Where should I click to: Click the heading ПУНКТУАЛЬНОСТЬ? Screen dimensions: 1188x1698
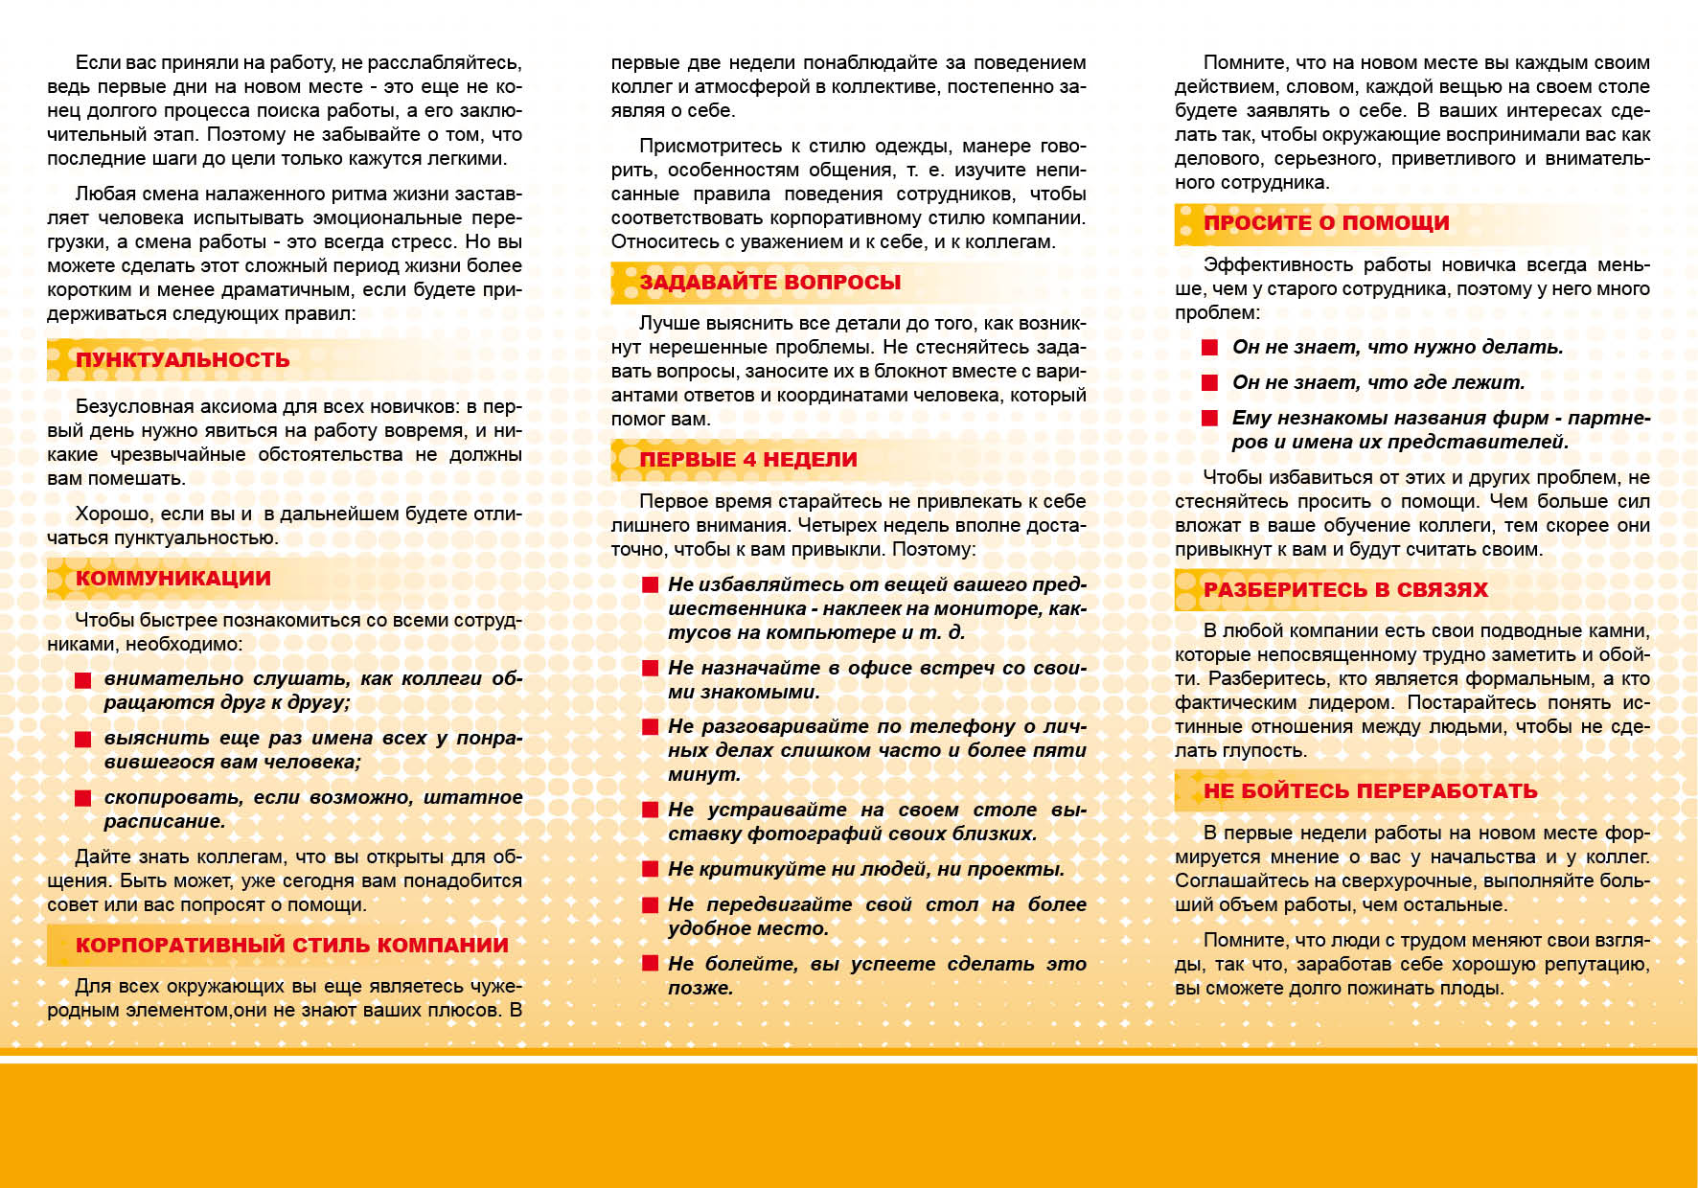coord(182,360)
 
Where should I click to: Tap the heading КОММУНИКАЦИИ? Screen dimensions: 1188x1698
coord(172,579)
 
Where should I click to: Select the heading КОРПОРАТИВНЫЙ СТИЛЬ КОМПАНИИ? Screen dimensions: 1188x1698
coord(291,946)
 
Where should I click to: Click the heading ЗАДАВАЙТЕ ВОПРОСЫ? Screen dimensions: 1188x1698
coord(769,283)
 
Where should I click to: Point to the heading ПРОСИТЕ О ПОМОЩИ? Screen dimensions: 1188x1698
coord(1326,223)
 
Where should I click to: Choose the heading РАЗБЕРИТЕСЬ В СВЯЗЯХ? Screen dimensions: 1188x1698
coord(1345,590)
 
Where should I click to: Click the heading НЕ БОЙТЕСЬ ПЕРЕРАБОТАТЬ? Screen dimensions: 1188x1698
coord(1370,791)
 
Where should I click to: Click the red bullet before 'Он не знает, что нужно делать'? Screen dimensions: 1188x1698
coord(1210,347)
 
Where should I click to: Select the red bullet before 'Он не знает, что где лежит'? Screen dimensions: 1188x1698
coord(1210,382)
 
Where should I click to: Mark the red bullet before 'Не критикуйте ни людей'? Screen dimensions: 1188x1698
coord(651,869)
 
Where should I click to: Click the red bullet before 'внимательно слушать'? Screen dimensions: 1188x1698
coord(83,679)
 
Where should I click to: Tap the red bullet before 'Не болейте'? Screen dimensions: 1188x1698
coord(651,964)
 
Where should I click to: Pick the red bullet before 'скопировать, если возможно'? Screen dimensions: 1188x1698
coord(83,797)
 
